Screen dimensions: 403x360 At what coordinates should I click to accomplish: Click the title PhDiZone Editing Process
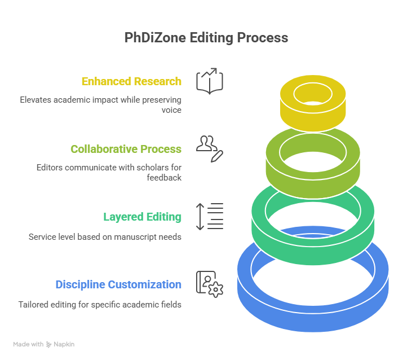[x=206, y=38]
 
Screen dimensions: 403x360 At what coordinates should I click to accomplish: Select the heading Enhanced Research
[x=131, y=81]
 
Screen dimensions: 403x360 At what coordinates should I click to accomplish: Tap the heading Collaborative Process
[x=126, y=149]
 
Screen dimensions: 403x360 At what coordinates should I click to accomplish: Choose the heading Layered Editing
[x=143, y=217]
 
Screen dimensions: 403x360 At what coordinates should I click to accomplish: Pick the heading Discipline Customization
[x=118, y=284]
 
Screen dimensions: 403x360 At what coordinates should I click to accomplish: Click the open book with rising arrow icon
[x=210, y=81]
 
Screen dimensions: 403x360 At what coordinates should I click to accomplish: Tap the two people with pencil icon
[x=210, y=149]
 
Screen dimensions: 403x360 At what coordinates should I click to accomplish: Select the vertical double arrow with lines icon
[x=210, y=216]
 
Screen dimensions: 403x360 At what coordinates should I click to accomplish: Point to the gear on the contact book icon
[x=216, y=289]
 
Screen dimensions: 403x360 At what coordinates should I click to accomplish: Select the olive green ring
[x=313, y=185]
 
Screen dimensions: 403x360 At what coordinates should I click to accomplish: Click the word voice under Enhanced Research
[x=171, y=110]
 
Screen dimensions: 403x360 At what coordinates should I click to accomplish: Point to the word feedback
[x=164, y=178]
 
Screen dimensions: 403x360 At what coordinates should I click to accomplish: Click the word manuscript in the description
[x=135, y=237]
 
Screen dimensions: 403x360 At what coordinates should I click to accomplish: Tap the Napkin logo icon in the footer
[x=49, y=344]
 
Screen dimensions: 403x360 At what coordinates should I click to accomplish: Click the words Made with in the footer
[x=28, y=344]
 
